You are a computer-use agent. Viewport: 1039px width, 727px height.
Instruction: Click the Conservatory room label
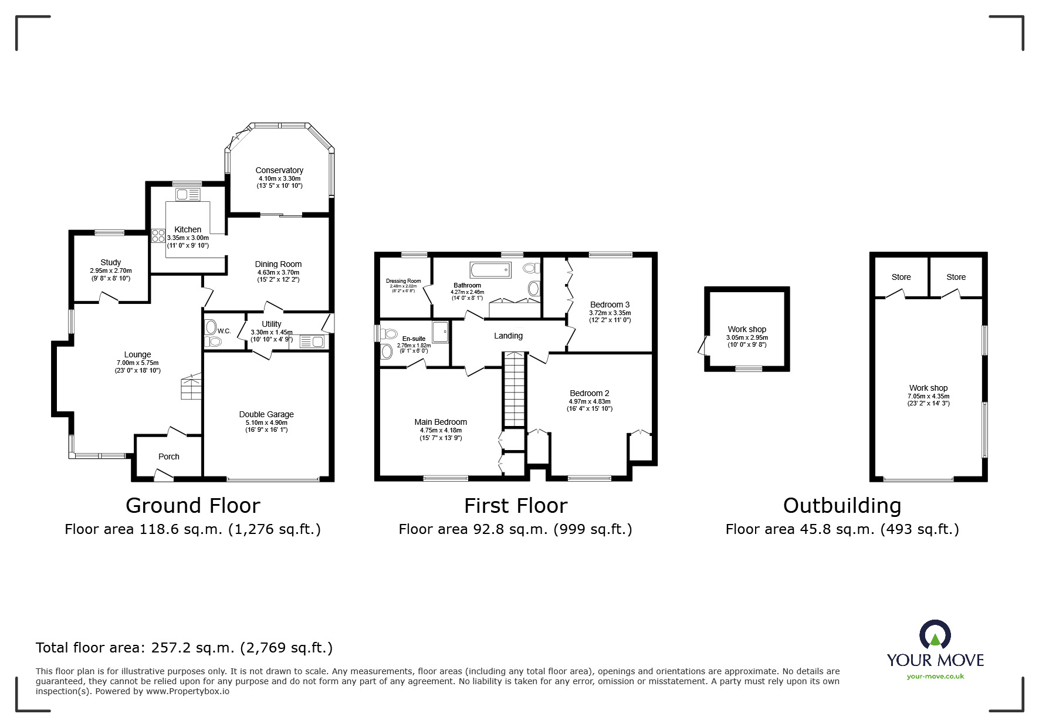pyautogui.click(x=279, y=170)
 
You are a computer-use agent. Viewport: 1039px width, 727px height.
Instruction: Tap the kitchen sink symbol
pyautogui.click(x=188, y=194)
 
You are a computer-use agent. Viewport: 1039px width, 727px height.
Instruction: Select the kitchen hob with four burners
pyautogui.click(x=158, y=236)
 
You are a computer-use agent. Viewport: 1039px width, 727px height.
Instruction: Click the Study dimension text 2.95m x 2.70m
pyautogui.click(x=110, y=270)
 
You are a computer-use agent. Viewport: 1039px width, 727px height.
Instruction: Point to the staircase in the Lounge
pyautogui.click(x=191, y=387)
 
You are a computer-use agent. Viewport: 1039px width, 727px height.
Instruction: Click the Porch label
pyautogui.click(x=169, y=457)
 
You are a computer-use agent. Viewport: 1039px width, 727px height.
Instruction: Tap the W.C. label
pyautogui.click(x=224, y=331)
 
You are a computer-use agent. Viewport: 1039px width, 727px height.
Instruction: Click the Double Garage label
pyautogui.click(x=266, y=414)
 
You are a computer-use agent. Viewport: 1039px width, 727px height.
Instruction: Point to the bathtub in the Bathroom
pyautogui.click(x=490, y=270)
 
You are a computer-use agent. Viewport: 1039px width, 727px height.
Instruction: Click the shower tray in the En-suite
pyautogui.click(x=441, y=332)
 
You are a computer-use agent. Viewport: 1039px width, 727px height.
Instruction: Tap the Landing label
pyautogui.click(x=508, y=336)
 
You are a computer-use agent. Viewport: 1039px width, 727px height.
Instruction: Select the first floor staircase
pyautogui.click(x=514, y=390)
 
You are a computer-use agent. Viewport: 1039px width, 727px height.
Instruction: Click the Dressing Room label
pyautogui.click(x=404, y=281)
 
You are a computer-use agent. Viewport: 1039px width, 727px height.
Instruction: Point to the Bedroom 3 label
pyautogui.click(x=610, y=305)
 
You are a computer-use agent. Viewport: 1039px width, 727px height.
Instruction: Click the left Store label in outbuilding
pyautogui.click(x=901, y=277)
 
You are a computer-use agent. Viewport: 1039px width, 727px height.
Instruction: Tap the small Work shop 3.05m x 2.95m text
pyautogui.click(x=747, y=337)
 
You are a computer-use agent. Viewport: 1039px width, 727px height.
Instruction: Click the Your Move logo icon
pyautogui.click(x=935, y=635)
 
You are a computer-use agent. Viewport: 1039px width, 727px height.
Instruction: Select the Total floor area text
pyautogui.click(x=184, y=648)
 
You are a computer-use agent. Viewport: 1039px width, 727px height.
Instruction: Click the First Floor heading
pyautogui.click(x=516, y=505)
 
